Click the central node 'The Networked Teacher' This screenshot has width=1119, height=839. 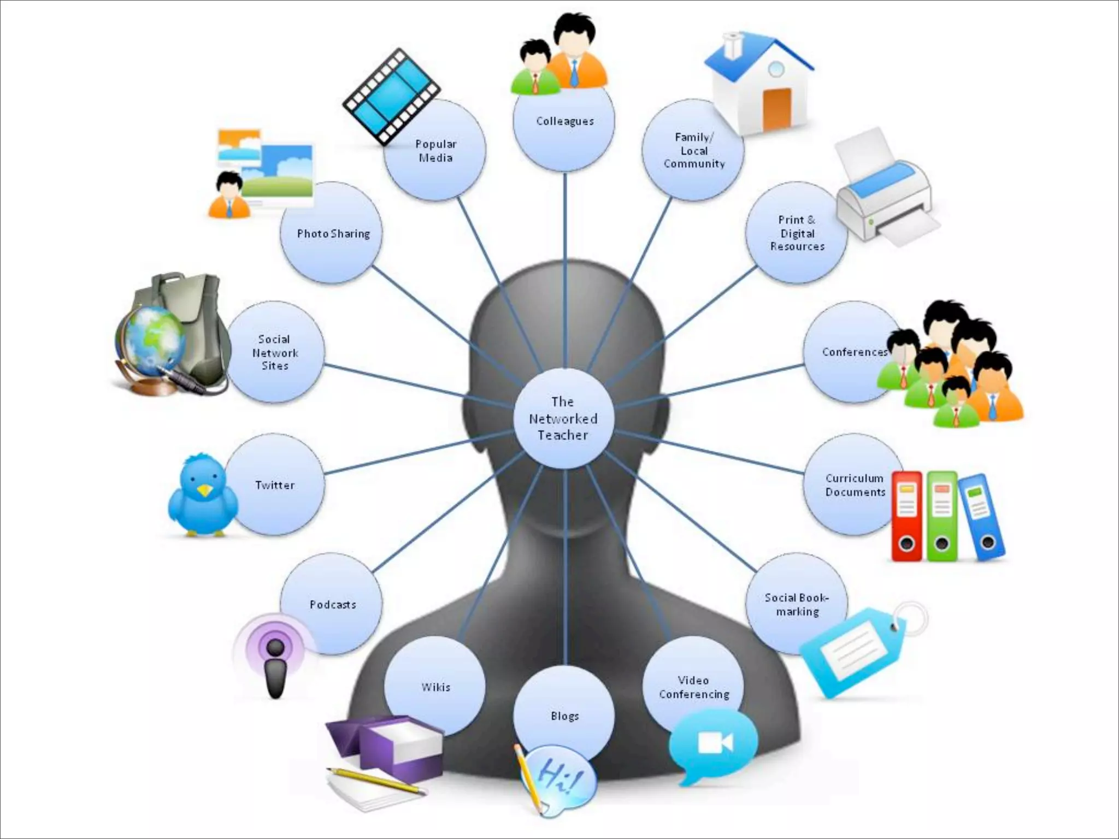point(563,418)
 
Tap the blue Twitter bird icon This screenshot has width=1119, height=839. point(203,495)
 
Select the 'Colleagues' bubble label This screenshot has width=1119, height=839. point(564,121)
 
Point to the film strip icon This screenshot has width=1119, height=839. point(391,97)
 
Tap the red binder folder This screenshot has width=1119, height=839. point(906,516)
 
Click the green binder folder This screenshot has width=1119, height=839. point(942,516)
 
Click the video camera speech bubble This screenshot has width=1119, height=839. point(713,744)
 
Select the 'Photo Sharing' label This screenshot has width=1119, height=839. point(333,234)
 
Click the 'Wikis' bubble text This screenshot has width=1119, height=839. point(435,687)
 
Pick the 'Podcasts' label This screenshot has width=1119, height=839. point(333,605)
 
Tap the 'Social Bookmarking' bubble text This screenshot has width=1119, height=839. point(797,605)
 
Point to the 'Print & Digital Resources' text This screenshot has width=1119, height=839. point(797,233)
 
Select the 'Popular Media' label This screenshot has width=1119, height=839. point(435,151)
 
